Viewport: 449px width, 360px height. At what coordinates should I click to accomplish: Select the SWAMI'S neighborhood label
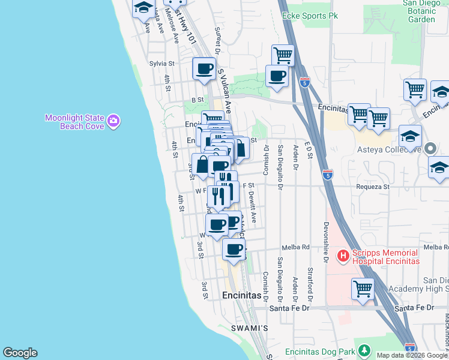[249, 328]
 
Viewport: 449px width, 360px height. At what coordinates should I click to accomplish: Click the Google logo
[20, 353]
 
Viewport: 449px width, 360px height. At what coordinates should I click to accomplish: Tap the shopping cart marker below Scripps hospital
[363, 290]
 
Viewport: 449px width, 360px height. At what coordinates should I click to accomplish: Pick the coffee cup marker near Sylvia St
[204, 69]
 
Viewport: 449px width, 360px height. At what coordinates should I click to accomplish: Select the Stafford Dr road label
[310, 285]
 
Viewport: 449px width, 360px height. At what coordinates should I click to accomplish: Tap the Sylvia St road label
[161, 63]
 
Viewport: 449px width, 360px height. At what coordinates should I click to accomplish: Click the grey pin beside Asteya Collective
[430, 148]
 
